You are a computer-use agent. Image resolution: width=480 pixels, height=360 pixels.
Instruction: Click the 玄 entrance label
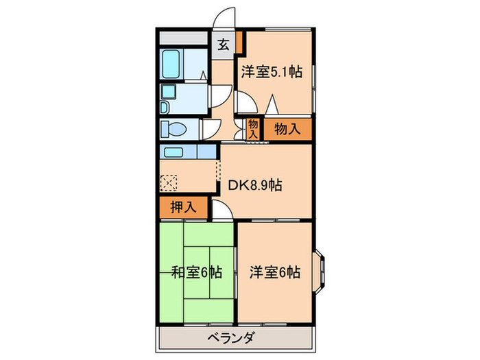pyautogui.click(x=224, y=47)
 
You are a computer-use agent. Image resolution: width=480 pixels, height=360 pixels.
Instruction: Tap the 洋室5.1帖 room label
pyautogui.click(x=272, y=71)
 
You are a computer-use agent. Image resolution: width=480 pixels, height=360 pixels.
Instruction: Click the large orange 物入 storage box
pyautogui.click(x=286, y=128)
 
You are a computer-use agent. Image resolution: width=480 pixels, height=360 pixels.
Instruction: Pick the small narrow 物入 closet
pyautogui.click(x=253, y=128)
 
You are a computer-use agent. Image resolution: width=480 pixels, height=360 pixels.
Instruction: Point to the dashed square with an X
pyautogui.click(x=169, y=182)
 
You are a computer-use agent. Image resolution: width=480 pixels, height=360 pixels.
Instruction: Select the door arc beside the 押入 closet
pyautogui.click(x=220, y=212)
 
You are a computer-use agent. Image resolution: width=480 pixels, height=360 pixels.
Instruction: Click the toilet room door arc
pyautogui.click(x=208, y=128)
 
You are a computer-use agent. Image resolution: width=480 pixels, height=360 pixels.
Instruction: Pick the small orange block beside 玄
pyautogui.click(x=240, y=42)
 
